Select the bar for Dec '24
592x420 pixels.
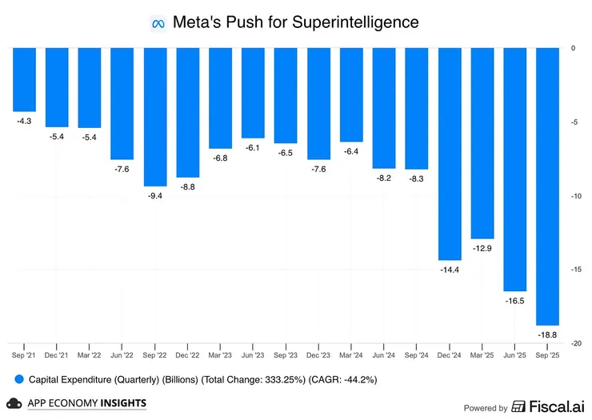(x=449, y=154)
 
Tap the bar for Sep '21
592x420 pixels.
(x=24, y=79)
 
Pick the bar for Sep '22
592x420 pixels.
(x=155, y=117)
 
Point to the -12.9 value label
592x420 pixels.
(x=482, y=249)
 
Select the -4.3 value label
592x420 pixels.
(x=24, y=121)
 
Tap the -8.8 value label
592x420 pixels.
(x=187, y=186)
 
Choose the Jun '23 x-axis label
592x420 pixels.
(x=253, y=354)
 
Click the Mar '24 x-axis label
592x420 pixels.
(x=351, y=354)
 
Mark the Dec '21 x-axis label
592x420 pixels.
(x=57, y=354)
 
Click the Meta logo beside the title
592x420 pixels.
(x=158, y=23)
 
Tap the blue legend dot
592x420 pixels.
(x=17, y=378)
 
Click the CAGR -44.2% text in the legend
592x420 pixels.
(x=338, y=378)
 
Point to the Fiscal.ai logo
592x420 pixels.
(x=548, y=406)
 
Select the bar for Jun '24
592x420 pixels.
(x=384, y=108)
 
